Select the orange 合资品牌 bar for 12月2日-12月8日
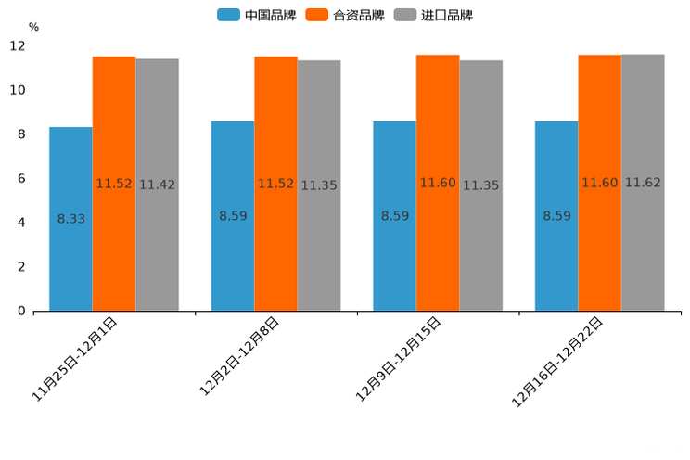[x=275, y=241]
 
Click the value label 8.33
[x=71, y=219]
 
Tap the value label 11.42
[x=157, y=185]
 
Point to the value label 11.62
[x=643, y=183]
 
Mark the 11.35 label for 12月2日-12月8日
[x=319, y=185]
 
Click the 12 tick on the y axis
[x=18, y=45]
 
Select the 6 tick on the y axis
[x=21, y=178]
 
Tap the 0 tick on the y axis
[x=21, y=311]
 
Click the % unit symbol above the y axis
[x=33, y=27]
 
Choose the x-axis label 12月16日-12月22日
[x=558, y=361]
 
